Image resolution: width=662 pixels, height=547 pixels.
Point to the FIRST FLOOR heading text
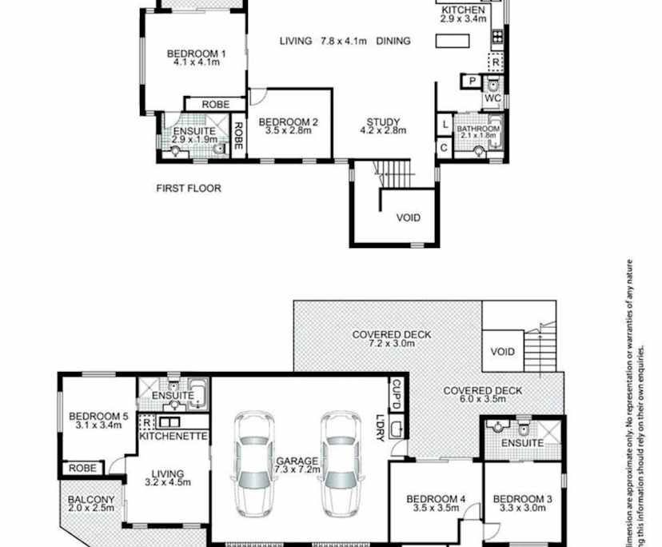point(188,189)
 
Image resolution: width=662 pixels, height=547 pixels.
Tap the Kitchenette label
point(173,436)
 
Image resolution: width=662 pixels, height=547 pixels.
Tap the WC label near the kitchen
point(493,98)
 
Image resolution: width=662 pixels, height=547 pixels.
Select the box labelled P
point(473,81)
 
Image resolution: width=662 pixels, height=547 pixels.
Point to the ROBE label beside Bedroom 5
point(82,468)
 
